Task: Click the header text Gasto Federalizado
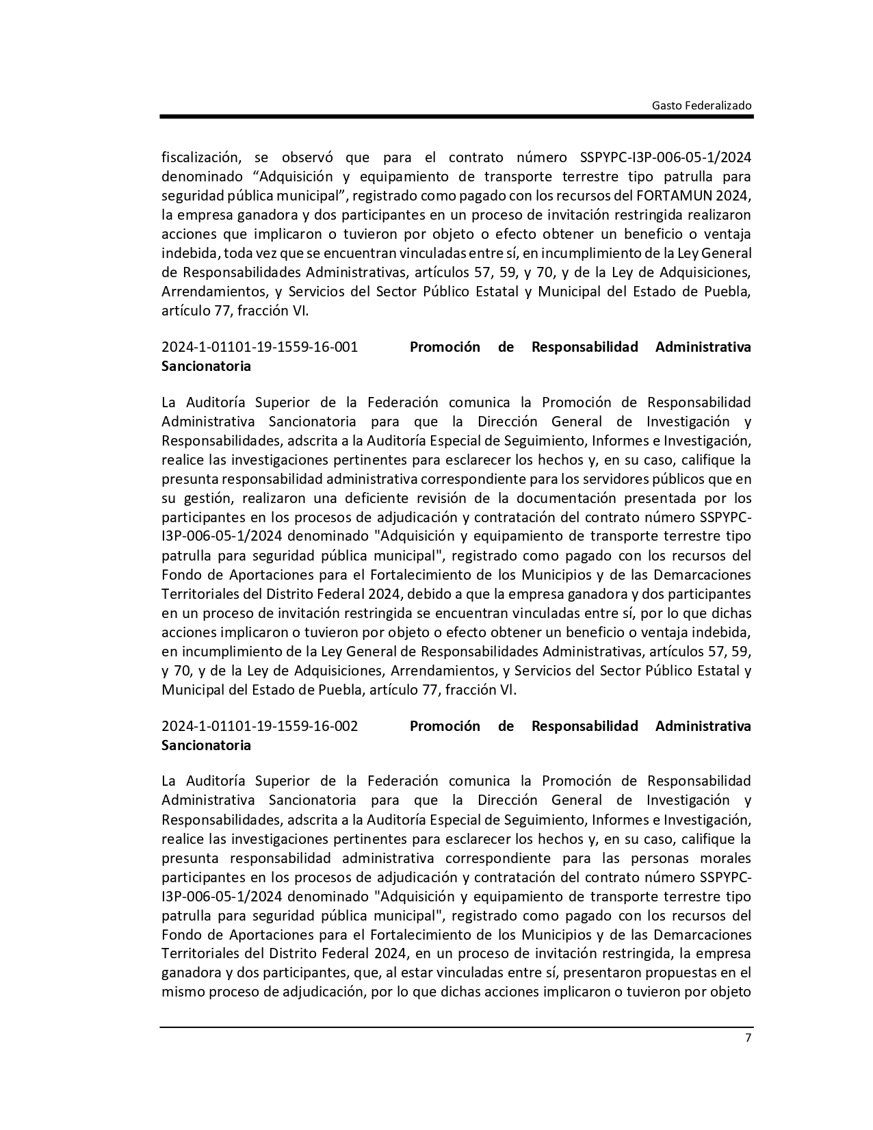pyautogui.click(x=701, y=105)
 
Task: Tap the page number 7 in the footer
pyautogui.click(x=748, y=1038)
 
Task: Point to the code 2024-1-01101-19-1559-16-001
pyautogui.click(x=259, y=347)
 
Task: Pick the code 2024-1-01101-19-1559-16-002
pyautogui.click(x=259, y=726)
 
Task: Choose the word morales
pyautogui.click(x=725, y=858)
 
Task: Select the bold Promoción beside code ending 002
pyautogui.click(x=445, y=726)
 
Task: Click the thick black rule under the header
pyautogui.click(x=456, y=117)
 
